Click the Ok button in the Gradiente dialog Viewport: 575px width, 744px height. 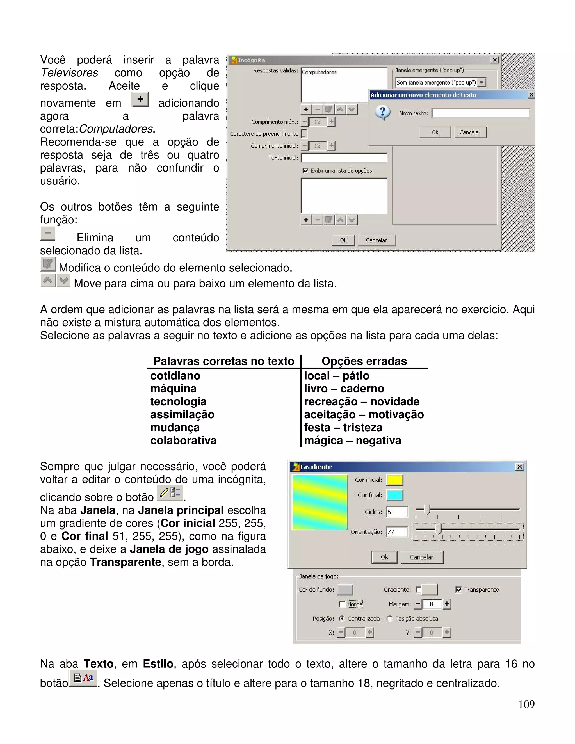tap(384, 557)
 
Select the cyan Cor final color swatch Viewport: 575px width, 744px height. tap(395, 495)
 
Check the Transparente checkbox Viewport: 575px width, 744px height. tap(459, 590)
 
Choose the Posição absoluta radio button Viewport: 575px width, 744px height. tap(390, 618)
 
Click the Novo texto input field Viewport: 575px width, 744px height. tap(481, 113)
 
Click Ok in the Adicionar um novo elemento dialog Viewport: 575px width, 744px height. tap(435, 132)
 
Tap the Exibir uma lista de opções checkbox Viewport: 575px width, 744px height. tap(305, 171)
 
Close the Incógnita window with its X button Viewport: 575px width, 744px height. tap(494, 60)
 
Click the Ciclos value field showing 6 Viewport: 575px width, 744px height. tap(397, 512)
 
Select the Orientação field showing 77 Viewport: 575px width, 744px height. tap(397, 532)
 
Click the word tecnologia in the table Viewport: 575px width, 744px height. tap(179, 402)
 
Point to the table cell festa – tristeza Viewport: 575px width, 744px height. tap(343, 428)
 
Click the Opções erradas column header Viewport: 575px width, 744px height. tap(364, 361)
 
